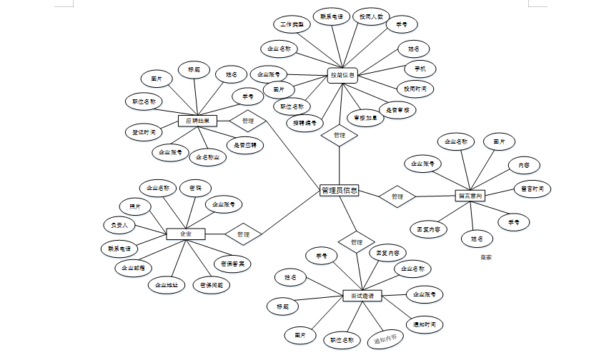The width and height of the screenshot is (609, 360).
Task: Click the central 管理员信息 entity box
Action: tap(339, 191)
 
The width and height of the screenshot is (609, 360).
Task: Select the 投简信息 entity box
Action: tap(342, 74)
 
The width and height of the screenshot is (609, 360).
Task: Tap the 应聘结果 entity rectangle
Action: tap(197, 121)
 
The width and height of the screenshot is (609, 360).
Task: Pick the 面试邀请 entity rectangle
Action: tap(362, 296)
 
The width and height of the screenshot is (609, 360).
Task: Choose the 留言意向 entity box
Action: tap(470, 195)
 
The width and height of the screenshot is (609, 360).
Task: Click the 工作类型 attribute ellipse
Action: tap(291, 24)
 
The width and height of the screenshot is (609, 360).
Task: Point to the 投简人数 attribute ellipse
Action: tap(371, 16)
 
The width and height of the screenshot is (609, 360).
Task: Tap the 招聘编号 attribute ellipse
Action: tap(307, 123)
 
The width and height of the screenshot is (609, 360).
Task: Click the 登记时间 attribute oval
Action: tap(144, 132)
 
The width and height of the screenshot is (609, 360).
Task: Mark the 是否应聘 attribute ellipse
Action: tap(244, 144)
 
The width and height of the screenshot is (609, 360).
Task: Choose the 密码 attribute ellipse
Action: tap(194, 188)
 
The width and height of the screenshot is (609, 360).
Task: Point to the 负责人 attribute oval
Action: tap(119, 225)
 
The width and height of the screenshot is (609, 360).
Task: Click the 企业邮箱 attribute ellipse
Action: tap(132, 268)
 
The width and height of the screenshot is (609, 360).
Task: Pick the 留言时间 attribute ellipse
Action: tap(533, 189)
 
